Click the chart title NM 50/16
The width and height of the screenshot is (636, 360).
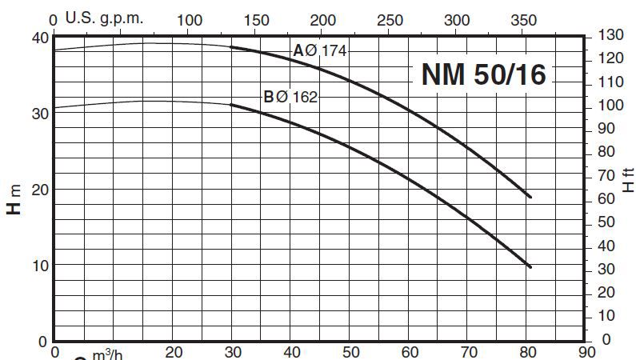click(x=483, y=74)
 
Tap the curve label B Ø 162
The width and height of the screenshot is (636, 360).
click(x=290, y=98)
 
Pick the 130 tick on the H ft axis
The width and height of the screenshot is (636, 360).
click(x=611, y=36)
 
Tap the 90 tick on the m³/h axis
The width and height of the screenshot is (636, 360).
click(x=586, y=350)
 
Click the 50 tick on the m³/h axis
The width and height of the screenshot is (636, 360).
click(x=350, y=350)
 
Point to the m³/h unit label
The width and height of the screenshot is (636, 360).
click(x=103, y=353)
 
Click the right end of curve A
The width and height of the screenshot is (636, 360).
click(x=530, y=197)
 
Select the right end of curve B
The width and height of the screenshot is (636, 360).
click(x=530, y=266)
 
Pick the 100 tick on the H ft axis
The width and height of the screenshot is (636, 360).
click(x=611, y=106)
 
